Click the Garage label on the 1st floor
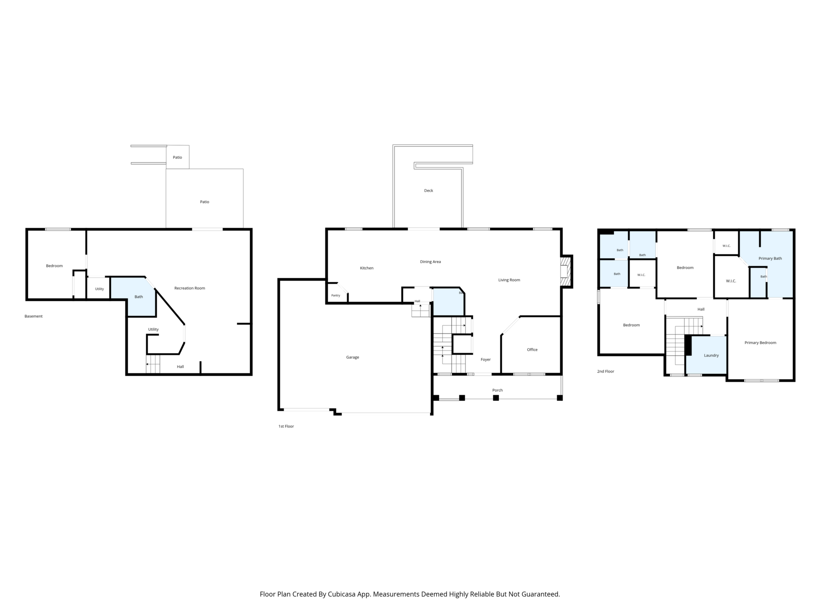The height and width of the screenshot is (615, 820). click(353, 357)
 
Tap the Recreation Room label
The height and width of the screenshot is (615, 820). click(190, 288)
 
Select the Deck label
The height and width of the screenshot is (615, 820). click(428, 191)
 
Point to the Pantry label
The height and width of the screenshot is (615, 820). click(335, 295)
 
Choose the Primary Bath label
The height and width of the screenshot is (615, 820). click(770, 258)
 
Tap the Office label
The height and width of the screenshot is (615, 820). click(532, 350)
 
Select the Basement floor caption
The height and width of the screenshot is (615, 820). click(34, 316)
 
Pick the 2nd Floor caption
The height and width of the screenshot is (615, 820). click(605, 372)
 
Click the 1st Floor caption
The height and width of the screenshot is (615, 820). click(286, 426)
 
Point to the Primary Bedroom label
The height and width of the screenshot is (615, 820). click(760, 343)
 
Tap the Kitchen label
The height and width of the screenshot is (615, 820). click(367, 268)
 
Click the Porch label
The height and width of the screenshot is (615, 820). click(497, 390)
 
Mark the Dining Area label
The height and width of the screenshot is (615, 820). click(430, 262)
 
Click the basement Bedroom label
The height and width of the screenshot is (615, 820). click(54, 266)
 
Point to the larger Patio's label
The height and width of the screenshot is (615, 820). click(204, 202)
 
